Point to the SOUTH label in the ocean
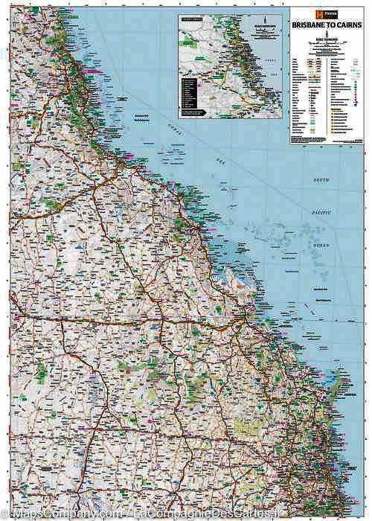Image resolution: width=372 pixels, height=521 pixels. (x=321, y=181)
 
